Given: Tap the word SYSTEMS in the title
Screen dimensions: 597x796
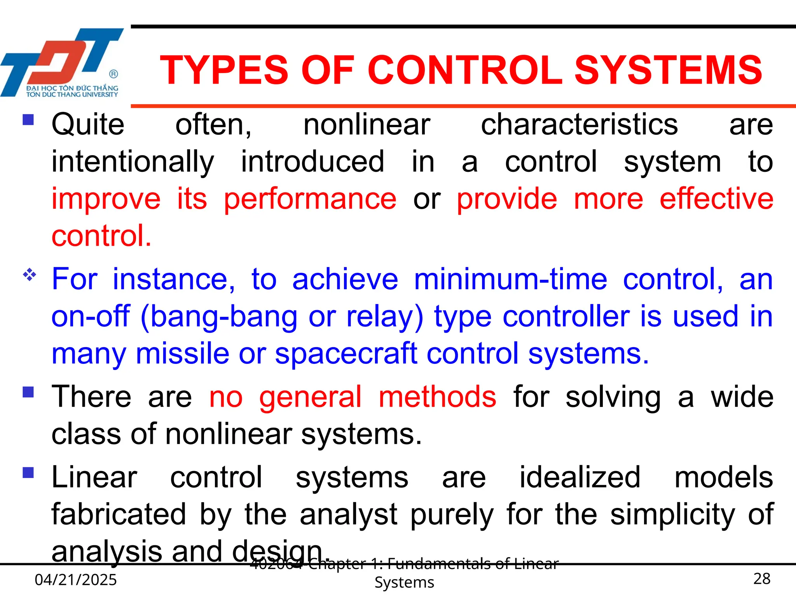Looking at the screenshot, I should coord(668,70).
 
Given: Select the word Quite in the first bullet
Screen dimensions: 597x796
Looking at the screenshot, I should coord(88,125).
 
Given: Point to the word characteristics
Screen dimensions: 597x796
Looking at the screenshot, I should coord(579,125).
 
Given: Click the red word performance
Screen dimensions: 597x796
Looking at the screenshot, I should coord(310,199).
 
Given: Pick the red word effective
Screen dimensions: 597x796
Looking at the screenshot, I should coord(716,199).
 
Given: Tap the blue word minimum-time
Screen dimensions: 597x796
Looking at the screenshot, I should coord(510,279).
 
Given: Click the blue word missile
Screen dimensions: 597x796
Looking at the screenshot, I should coord(182,353).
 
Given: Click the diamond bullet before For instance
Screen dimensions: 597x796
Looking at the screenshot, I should coord(29,275).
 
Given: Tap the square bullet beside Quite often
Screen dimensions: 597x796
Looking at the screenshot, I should coord(28,119).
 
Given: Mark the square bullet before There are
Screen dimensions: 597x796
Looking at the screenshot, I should coord(28,392).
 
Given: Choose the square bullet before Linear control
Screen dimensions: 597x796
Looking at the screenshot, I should coord(28,473).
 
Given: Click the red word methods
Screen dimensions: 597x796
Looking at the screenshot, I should coord(437,397).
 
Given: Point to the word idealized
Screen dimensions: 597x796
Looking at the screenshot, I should coord(580,477).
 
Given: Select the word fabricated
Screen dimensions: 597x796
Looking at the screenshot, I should coord(119,514).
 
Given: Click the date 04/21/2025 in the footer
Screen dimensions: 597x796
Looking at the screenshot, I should coord(76,580).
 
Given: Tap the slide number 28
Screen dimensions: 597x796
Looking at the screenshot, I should coord(761,579).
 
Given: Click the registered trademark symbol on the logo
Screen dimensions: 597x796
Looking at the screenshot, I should coord(113,74).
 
